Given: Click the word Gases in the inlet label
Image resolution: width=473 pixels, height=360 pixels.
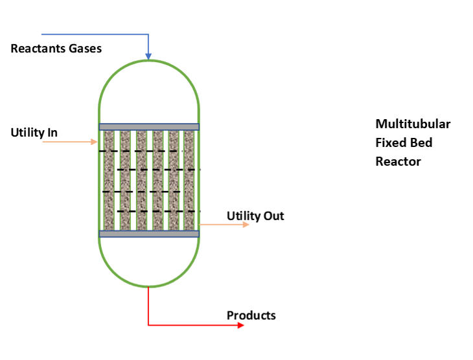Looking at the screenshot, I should [84, 49].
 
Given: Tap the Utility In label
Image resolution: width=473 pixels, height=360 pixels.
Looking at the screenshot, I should [34, 133].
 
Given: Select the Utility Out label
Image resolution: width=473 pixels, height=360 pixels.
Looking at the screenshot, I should [255, 216].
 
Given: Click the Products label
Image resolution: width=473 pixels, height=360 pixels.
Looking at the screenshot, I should [251, 315].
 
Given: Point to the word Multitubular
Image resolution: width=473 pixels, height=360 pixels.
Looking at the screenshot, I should [413, 124].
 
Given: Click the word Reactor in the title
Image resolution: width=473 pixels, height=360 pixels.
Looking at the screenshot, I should [398, 161].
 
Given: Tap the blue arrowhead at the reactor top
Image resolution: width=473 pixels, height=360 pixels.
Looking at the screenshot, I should [149, 56].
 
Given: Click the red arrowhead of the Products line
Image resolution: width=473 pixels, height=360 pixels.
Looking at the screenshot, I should [241, 325].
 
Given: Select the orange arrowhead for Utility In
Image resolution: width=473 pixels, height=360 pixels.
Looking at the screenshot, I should [95, 141].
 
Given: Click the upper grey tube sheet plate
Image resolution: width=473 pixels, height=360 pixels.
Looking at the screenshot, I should [149, 127].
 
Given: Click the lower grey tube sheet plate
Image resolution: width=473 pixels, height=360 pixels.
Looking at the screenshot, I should [149, 234].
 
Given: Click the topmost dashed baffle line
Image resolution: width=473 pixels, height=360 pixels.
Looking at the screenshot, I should [141, 152].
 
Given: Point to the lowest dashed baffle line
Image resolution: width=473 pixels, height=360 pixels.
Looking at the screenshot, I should [159, 211].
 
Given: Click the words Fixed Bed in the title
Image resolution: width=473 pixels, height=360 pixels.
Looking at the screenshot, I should [403, 142].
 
